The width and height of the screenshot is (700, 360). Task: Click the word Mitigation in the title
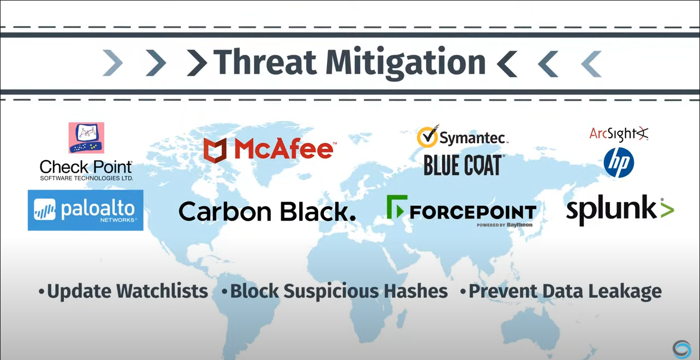point(405,63)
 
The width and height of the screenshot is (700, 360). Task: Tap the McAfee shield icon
point(215,150)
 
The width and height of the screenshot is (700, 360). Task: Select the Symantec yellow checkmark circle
point(428,137)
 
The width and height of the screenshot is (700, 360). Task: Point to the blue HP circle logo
point(619,163)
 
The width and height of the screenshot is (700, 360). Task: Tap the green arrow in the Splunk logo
point(667,210)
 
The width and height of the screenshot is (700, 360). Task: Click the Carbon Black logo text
point(267,211)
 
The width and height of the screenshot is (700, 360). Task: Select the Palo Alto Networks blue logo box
point(86,210)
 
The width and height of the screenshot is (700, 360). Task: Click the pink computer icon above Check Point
point(86,138)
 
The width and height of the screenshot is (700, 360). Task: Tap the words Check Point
point(86,166)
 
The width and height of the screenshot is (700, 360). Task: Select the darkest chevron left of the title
point(197,63)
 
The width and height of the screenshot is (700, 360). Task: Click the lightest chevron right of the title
point(591,63)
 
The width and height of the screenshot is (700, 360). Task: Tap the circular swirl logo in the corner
point(681,349)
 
